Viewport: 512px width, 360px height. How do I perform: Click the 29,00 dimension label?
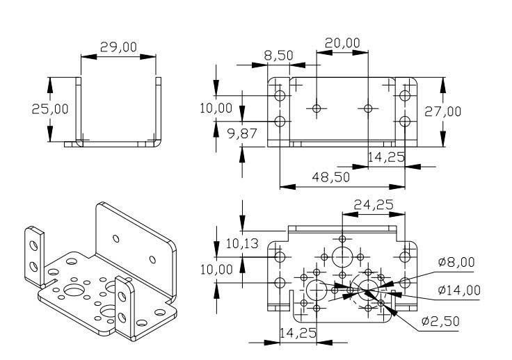(x=118, y=47)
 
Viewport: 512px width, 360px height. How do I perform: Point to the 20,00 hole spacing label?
(x=342, y=43)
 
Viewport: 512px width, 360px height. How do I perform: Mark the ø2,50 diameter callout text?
(x=442, y=322)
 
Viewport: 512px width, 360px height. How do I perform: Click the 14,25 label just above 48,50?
(x=385, y=158)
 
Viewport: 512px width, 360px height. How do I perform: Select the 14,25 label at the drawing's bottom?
(x=298, y=334)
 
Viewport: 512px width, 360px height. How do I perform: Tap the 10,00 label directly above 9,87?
(x=216, y=108)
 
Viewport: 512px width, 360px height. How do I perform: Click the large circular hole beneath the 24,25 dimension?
(x=343, y=256)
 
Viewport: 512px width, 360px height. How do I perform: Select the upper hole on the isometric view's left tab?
(x=31, y=243)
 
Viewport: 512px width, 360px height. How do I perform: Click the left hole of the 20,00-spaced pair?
(x=317, y=108)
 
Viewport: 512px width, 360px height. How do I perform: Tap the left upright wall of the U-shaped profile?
(x=78, y=111)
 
